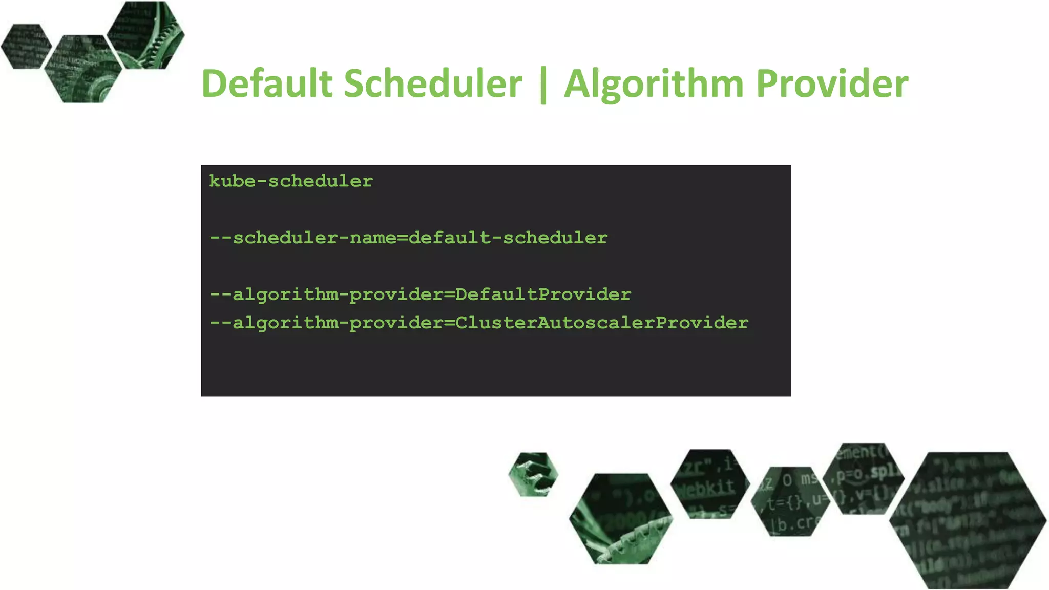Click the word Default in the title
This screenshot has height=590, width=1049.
(x=267, y=83)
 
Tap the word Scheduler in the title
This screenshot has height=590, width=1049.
(x=433, y=83)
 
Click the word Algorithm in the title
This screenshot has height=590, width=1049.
(x=654, y=85)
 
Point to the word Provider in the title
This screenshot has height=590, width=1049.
(x=832, y=83)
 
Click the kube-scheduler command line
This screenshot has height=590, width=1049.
(x=291, y=181)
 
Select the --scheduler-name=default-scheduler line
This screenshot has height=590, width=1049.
(x=408, y=238)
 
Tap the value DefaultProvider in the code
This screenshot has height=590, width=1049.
(x=543, y=294)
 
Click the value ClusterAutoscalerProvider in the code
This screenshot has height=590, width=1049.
(x=602, y=323)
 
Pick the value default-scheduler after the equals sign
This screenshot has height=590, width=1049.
(x=508, y=238)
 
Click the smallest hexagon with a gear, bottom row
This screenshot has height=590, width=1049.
(x=533, y=474)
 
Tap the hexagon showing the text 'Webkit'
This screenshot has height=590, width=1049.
(x=709, y=483)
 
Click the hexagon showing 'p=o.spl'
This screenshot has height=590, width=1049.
(x=864, y=478)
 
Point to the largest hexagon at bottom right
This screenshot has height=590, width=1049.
(x=968, y=520)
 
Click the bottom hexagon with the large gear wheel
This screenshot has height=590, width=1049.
(x=621, y=519)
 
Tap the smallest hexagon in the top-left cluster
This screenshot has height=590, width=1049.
(x=26, y=46)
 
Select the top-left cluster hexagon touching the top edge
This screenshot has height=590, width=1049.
(x=146, y=35)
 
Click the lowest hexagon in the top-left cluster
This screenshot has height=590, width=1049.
(x=83, y=69)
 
